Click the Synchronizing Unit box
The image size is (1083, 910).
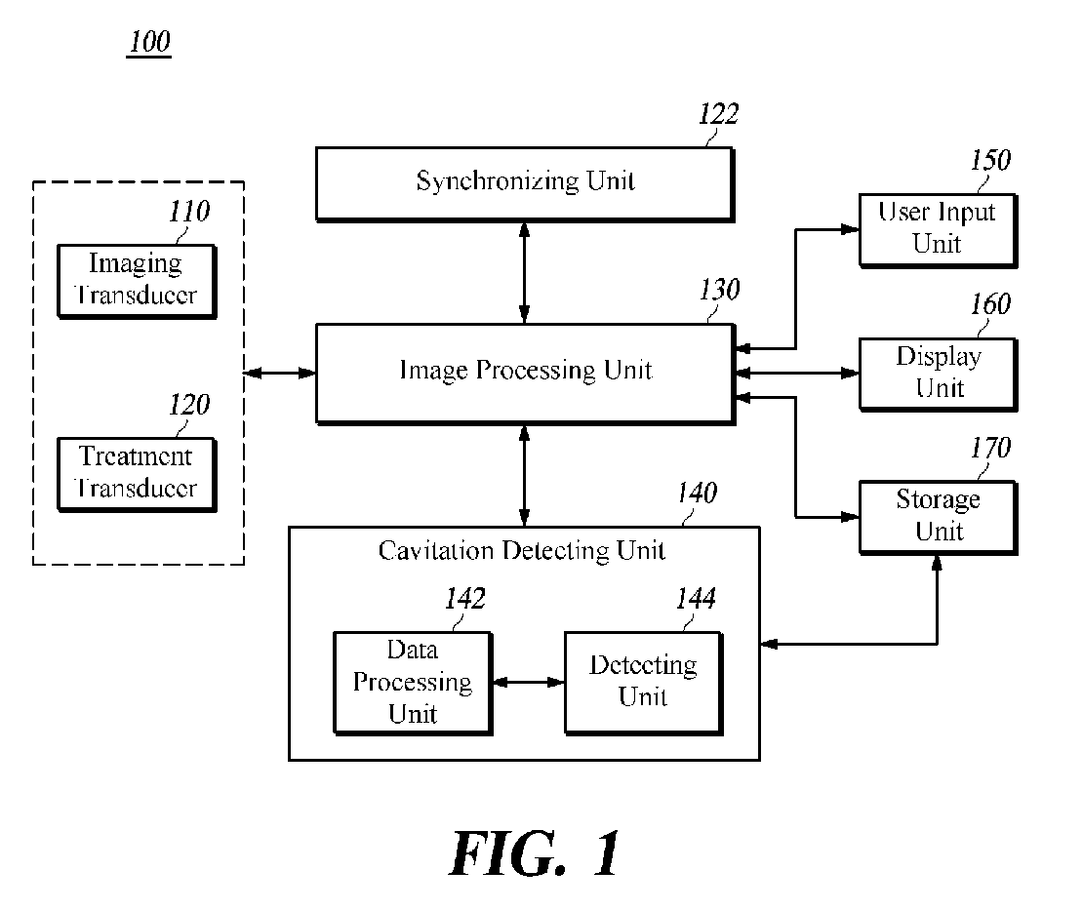(525, 184)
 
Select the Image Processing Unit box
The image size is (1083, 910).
(525, 374)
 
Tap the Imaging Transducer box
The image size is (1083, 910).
(137, 281)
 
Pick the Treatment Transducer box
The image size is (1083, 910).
(137, 474)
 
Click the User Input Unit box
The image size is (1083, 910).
(938, 230)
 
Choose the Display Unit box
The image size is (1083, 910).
(938, 375)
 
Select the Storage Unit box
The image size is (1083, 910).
(938, 518)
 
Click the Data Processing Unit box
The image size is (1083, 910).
(413, 683)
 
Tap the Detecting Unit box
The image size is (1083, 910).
(644, 683)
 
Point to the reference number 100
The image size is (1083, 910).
(149, 42)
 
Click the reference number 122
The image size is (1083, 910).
(718, 114)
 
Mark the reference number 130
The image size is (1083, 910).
(720, 290)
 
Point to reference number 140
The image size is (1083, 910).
(697, 493)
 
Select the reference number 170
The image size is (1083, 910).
(990, 448)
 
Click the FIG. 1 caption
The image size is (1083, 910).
(536, 854)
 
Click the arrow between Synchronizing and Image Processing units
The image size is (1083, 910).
(524, 273)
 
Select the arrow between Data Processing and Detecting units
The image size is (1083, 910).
(529, 682)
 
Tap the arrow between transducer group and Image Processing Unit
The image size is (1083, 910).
(280, 374)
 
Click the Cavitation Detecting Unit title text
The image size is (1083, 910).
(521, 551)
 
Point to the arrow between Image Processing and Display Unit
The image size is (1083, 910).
(797, 374)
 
